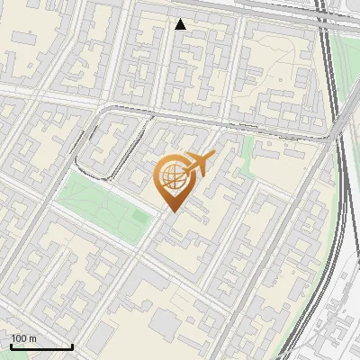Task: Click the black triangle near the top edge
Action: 181,24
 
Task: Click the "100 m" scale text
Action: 23,338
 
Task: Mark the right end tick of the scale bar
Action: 72,346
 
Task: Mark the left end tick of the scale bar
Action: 10,346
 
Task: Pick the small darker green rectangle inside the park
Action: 139,218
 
